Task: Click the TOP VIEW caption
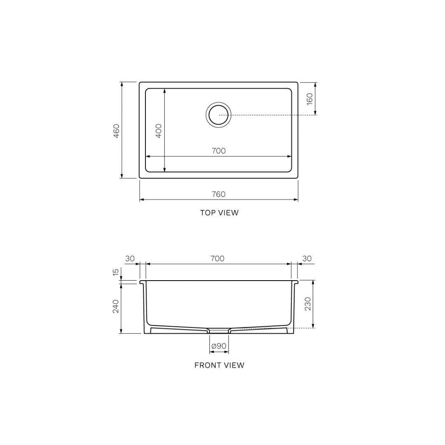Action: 219,213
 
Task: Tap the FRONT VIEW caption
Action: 219,365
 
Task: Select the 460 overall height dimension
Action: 117,131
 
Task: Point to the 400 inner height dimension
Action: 159,131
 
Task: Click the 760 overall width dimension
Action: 218,194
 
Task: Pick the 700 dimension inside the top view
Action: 218,151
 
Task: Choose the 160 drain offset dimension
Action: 310,98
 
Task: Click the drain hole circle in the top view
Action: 218,115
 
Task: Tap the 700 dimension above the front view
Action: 218,259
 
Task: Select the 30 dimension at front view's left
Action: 130,259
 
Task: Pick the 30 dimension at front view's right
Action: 307,259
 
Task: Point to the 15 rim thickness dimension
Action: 116,272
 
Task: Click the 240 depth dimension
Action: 116,306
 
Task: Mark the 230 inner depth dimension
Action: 308,304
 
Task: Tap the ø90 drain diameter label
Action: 219,346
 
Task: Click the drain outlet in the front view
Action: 219,330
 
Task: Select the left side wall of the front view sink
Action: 145,307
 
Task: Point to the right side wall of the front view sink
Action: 294,307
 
